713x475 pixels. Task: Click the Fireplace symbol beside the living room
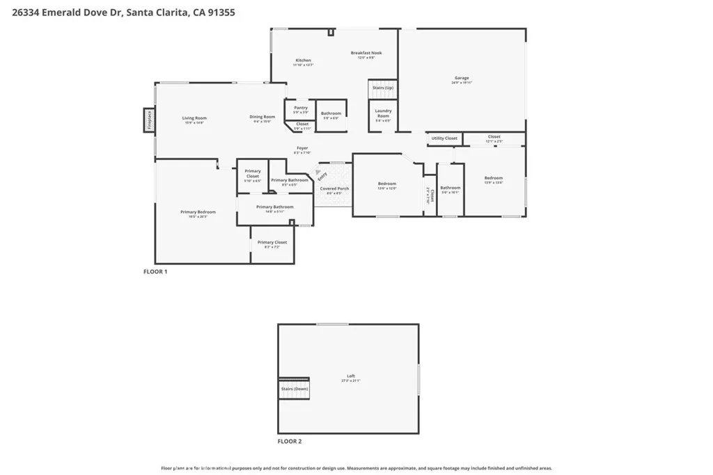(148, 120)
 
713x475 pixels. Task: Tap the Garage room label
(462, 78)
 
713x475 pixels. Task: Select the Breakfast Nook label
(366, 53)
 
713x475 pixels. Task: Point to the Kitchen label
(303, 61)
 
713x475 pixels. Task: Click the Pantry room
(300, 108)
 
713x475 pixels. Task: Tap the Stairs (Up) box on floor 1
(383, 88)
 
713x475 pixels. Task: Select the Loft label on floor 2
(351, 376)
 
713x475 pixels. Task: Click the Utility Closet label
(445, 138)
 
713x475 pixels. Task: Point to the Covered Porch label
(334, 188)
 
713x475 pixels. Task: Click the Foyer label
(302, 148)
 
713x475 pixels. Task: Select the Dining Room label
(263, 117)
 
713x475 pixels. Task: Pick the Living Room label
(194, 118)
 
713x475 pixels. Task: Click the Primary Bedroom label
(198, 212)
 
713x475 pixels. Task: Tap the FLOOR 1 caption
(155, 272)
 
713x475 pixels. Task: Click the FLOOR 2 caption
(290, 441)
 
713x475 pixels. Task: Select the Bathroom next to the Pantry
(331, 113)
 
